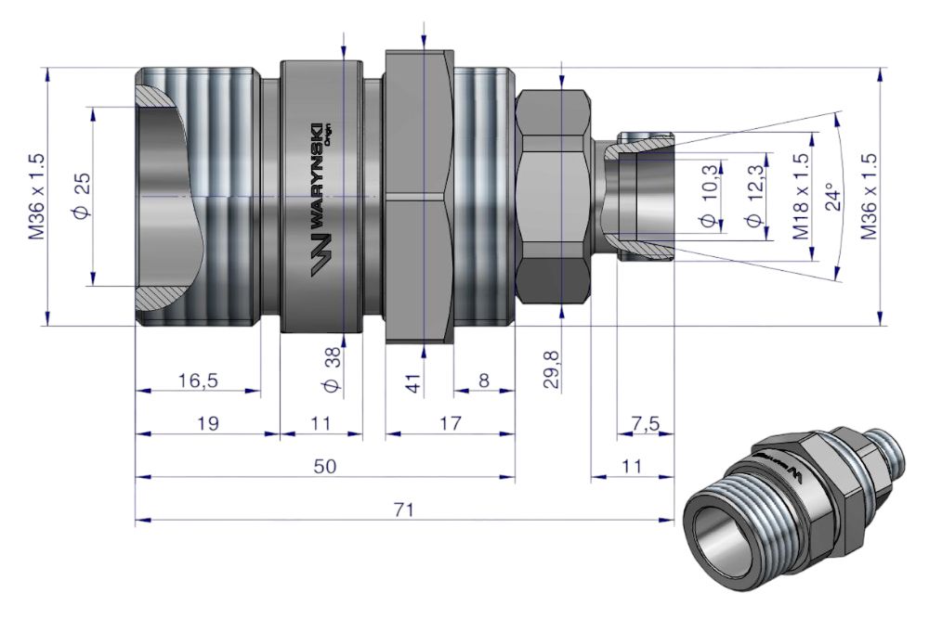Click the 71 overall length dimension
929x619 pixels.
coord(406,509)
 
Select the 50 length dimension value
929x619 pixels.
coord(324,466)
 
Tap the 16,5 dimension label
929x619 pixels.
coord(198,380)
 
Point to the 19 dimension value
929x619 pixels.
coord(208,424)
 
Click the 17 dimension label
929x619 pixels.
coord(451,424)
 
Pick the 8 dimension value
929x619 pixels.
coord(484,380)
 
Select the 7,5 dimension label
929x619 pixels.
coord(646,424)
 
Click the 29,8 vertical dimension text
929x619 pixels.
coord(552,368)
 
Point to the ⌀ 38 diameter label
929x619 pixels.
coord(334,369)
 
